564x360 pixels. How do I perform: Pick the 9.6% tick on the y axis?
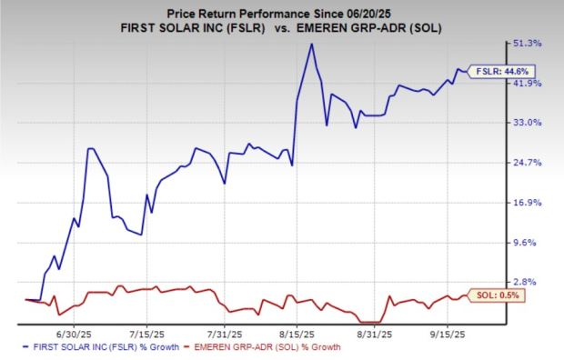pyautogui.click(x=531, y=243)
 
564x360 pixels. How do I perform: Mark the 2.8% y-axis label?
pyautogui.click(x=531, y=283)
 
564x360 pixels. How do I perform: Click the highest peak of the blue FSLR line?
pyautogui.click(x=312, y=44)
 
